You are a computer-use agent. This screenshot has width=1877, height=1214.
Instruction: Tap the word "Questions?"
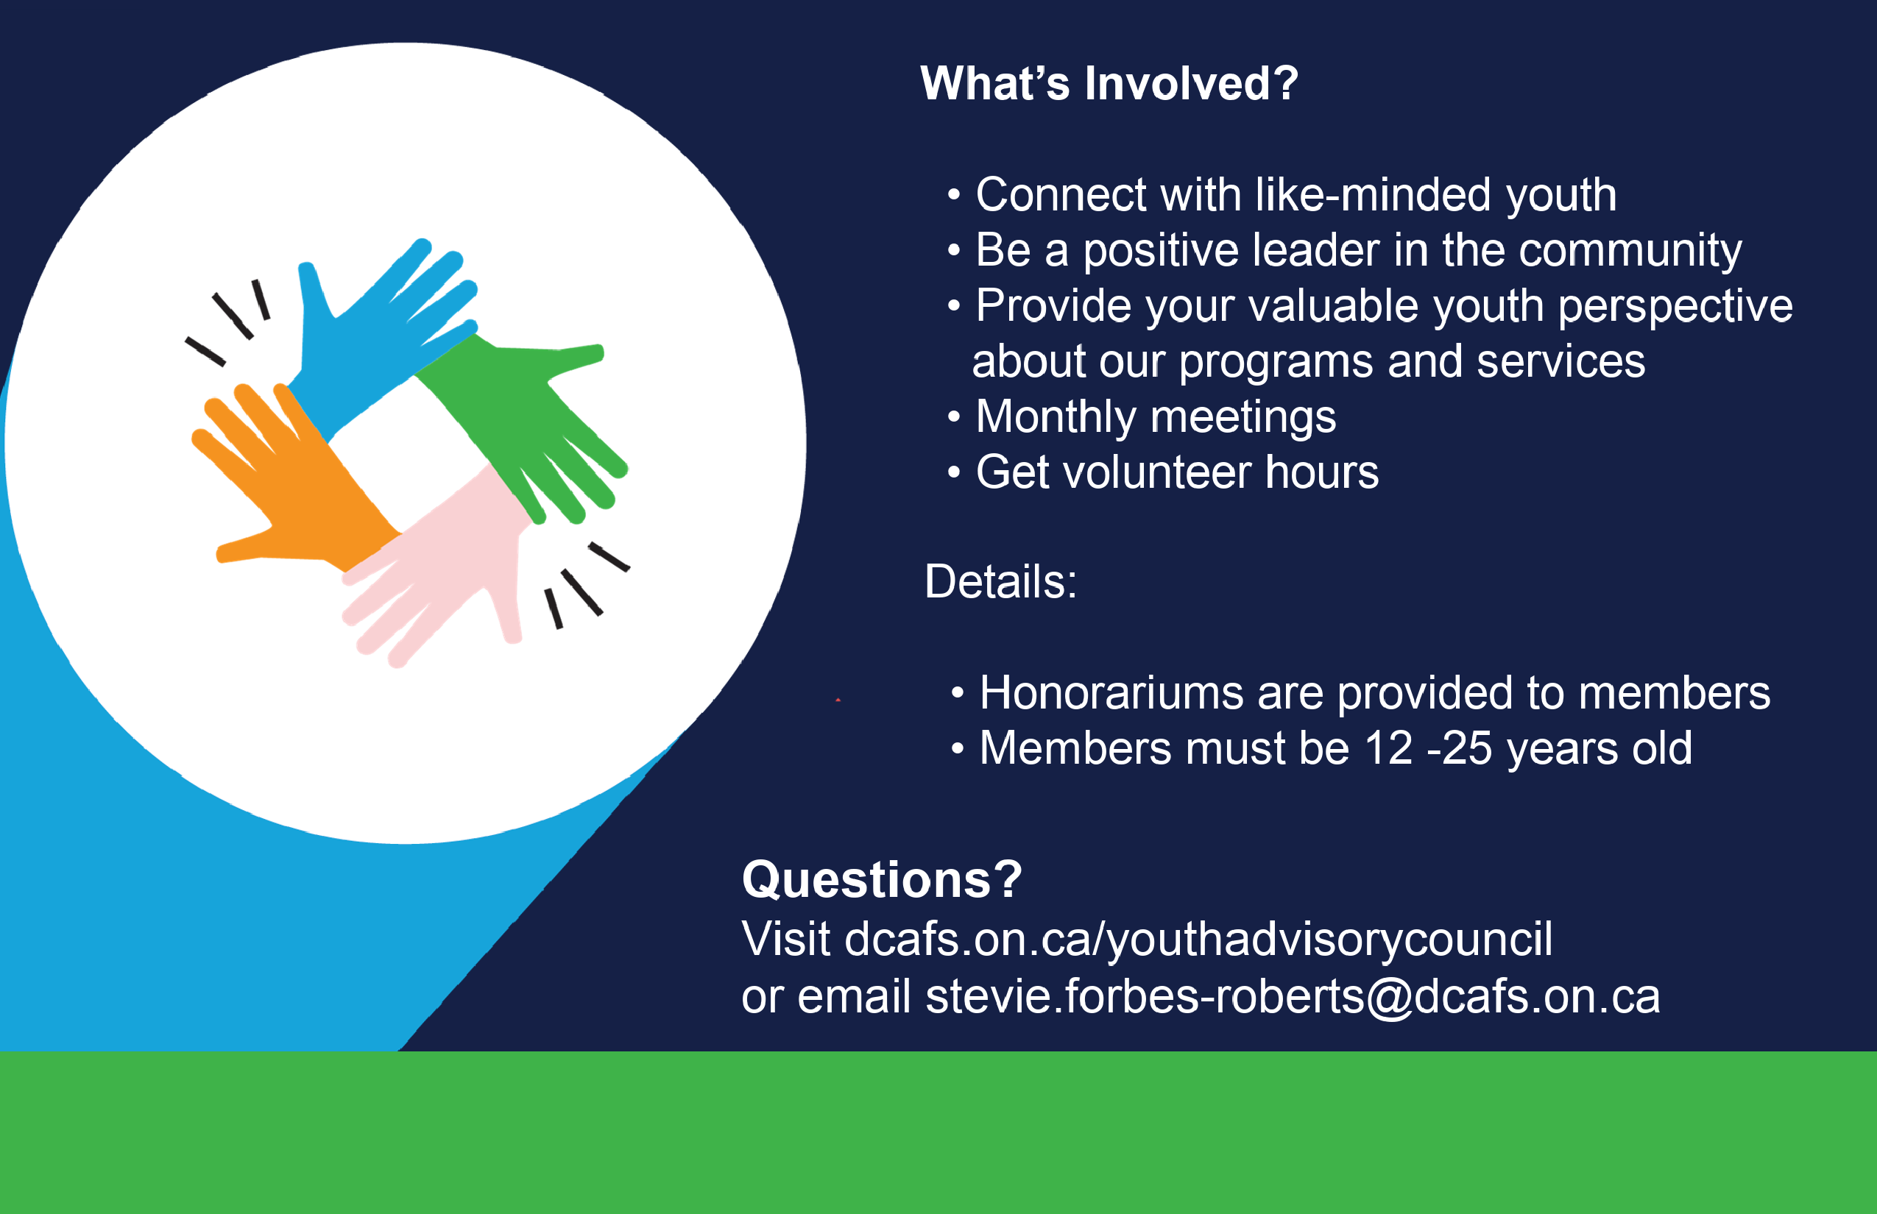(882, 879)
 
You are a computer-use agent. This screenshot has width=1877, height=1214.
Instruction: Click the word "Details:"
(1001, 582)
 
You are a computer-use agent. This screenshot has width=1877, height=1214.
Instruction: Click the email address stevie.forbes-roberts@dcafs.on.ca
(1293, 996)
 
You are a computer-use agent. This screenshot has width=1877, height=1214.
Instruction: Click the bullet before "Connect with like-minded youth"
(954, 195)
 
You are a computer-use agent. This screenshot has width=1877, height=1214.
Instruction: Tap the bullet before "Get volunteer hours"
(954, 472)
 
